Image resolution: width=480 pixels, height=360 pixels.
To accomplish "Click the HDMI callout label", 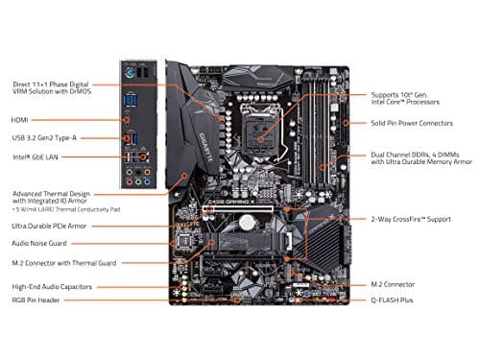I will [21, 120].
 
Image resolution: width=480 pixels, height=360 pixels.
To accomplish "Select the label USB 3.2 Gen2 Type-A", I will [45, 136].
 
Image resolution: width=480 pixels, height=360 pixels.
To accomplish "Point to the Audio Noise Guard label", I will [40, 245].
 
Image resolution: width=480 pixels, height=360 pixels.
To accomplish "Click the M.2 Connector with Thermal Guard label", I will [63, 263].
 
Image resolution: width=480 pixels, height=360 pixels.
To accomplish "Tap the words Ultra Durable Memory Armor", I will [422, 161].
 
